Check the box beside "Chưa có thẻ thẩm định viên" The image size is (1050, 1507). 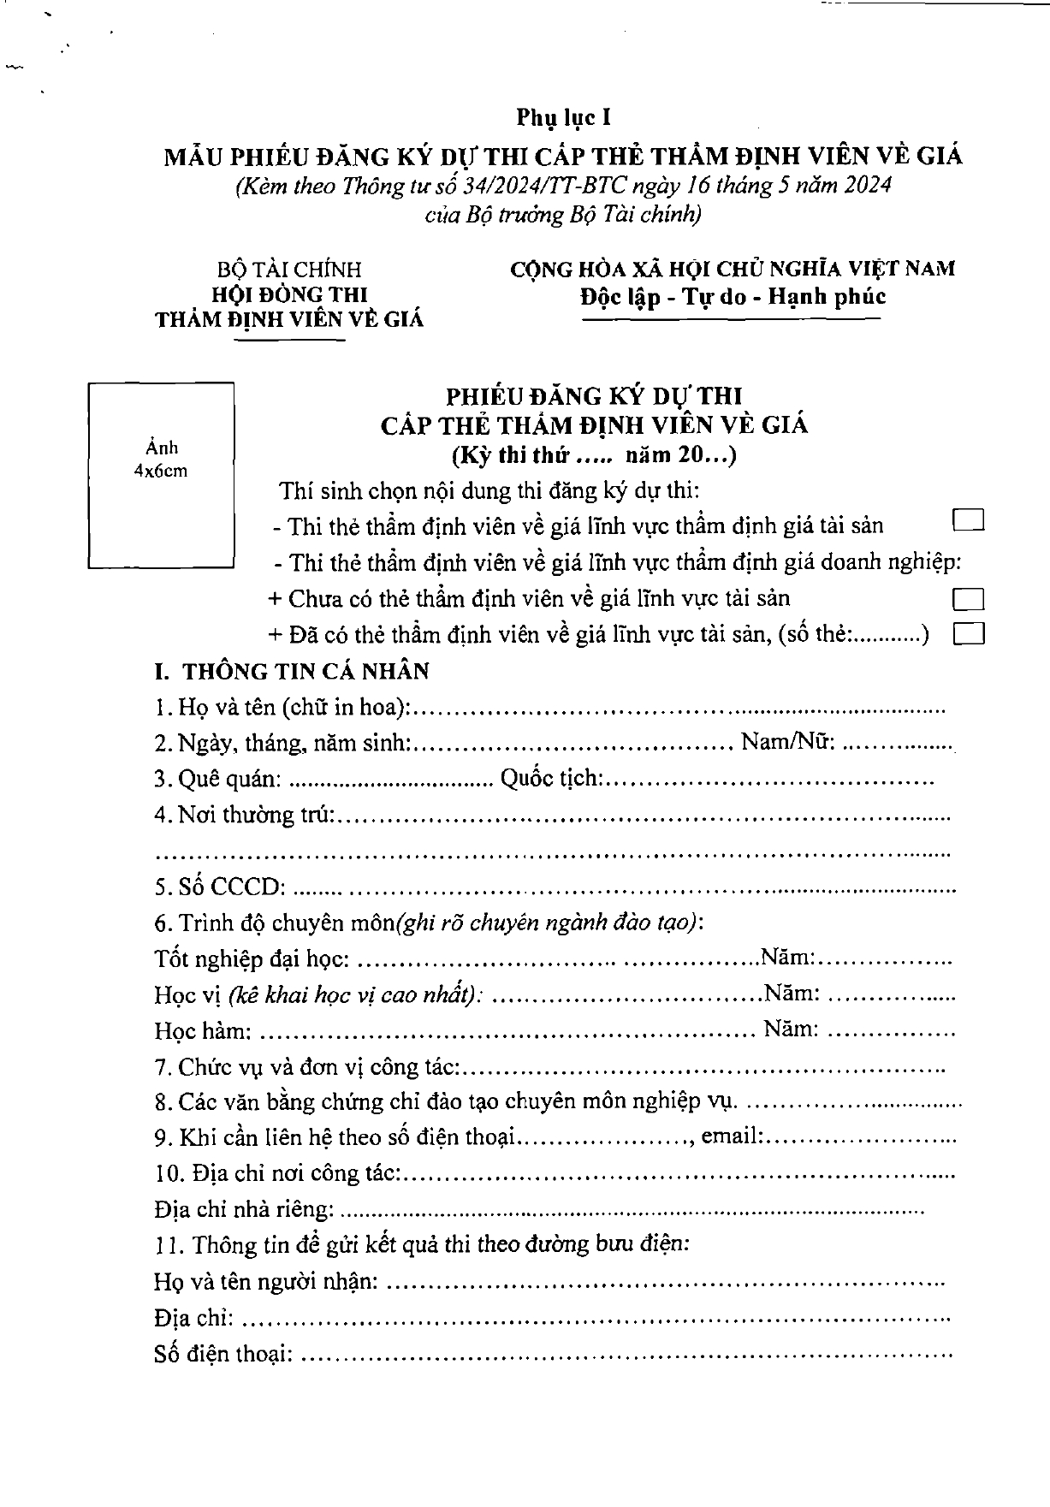(968, 598)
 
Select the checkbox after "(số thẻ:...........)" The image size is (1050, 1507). (968, 633)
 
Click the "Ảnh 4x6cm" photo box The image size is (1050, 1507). (161, 475)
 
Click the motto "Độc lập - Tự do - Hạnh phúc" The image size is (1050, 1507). (732, 297)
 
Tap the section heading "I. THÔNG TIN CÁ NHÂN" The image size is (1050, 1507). (291, 671)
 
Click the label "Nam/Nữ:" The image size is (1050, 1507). (788, 742)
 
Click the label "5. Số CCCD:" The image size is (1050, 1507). (220, 887)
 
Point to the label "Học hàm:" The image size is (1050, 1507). (203, 1030)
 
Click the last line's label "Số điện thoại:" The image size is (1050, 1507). (224, 1354)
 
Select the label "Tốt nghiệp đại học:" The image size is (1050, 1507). (252, 958)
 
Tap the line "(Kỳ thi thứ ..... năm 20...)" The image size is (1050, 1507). (594, 454)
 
